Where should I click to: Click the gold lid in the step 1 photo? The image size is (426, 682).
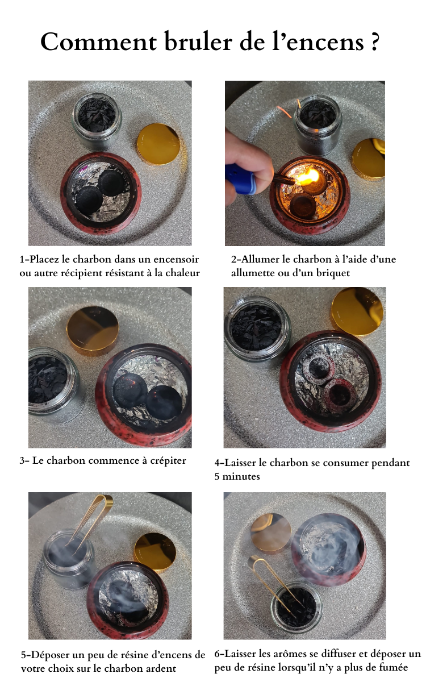point(158,144)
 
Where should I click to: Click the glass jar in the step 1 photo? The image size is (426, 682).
point(97,121)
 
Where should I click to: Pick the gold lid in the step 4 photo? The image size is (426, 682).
point(357,311)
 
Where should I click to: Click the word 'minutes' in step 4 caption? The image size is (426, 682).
point(241,476)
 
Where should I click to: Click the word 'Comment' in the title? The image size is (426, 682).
point(99,42)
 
